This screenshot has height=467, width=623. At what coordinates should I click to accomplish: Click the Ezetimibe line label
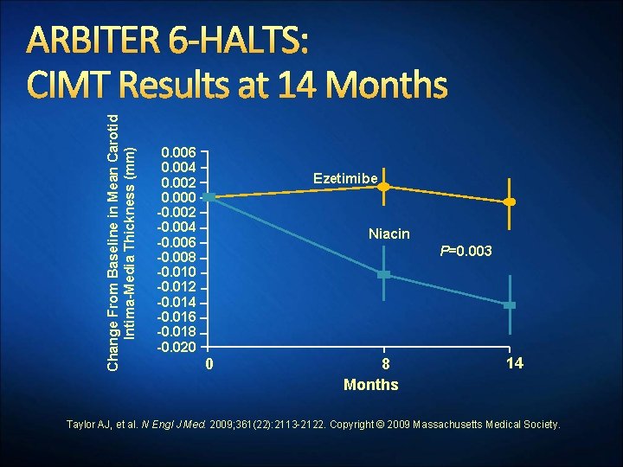point(345,178)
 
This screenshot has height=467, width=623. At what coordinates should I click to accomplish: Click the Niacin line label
point(389,234)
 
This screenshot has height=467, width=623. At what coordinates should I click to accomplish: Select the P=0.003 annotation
point(466,251)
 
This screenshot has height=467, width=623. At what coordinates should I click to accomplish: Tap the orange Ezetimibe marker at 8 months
point(384,187)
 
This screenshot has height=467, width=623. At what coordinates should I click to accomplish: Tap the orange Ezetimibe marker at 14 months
point(510,202)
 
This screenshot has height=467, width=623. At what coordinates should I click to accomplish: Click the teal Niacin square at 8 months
point(384,274)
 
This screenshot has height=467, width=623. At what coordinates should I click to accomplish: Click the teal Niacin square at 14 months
point(510,305)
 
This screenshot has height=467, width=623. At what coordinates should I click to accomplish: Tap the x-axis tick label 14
point(514,363)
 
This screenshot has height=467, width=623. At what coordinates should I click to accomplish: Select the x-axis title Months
point(370,385)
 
